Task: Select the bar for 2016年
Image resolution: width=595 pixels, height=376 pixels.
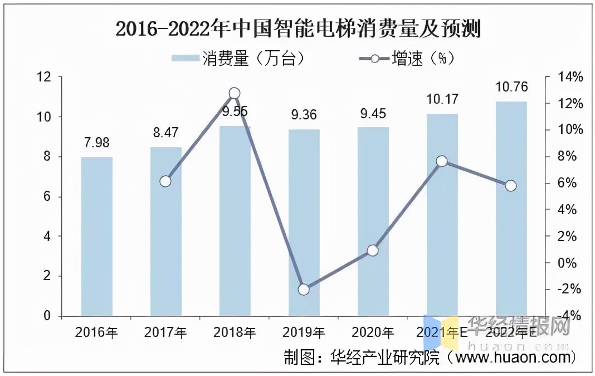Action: [x=96, y=237]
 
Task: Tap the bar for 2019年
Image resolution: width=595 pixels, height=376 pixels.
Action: [x=304, y=223]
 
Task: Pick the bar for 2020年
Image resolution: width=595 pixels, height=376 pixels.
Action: [x=373, y=222]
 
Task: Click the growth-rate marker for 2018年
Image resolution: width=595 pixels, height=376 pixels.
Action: [x=235, y=93]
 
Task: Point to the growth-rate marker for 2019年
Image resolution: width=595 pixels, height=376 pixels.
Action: [x=304, y=289]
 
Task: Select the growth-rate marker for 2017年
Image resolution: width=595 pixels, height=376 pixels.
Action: [x=165, y=181]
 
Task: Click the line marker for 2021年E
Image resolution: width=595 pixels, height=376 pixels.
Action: [x=442, y=161]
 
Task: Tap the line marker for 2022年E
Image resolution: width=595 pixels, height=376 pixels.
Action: [x=511, y=186]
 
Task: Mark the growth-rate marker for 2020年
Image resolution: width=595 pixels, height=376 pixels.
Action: [x=373, y=250]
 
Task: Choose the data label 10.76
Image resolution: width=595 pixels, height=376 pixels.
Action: [x=511, y=86]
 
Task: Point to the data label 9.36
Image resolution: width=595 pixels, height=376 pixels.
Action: [x=304, y=115]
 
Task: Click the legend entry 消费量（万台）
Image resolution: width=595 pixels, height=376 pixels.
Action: [x=238, y=59]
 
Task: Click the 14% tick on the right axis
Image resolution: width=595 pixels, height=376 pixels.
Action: [x=568, y=77]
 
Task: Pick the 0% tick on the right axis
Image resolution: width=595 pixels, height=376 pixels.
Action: [x=568, y=263]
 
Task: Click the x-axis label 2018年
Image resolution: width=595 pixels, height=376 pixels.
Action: [x=235, y=333]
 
